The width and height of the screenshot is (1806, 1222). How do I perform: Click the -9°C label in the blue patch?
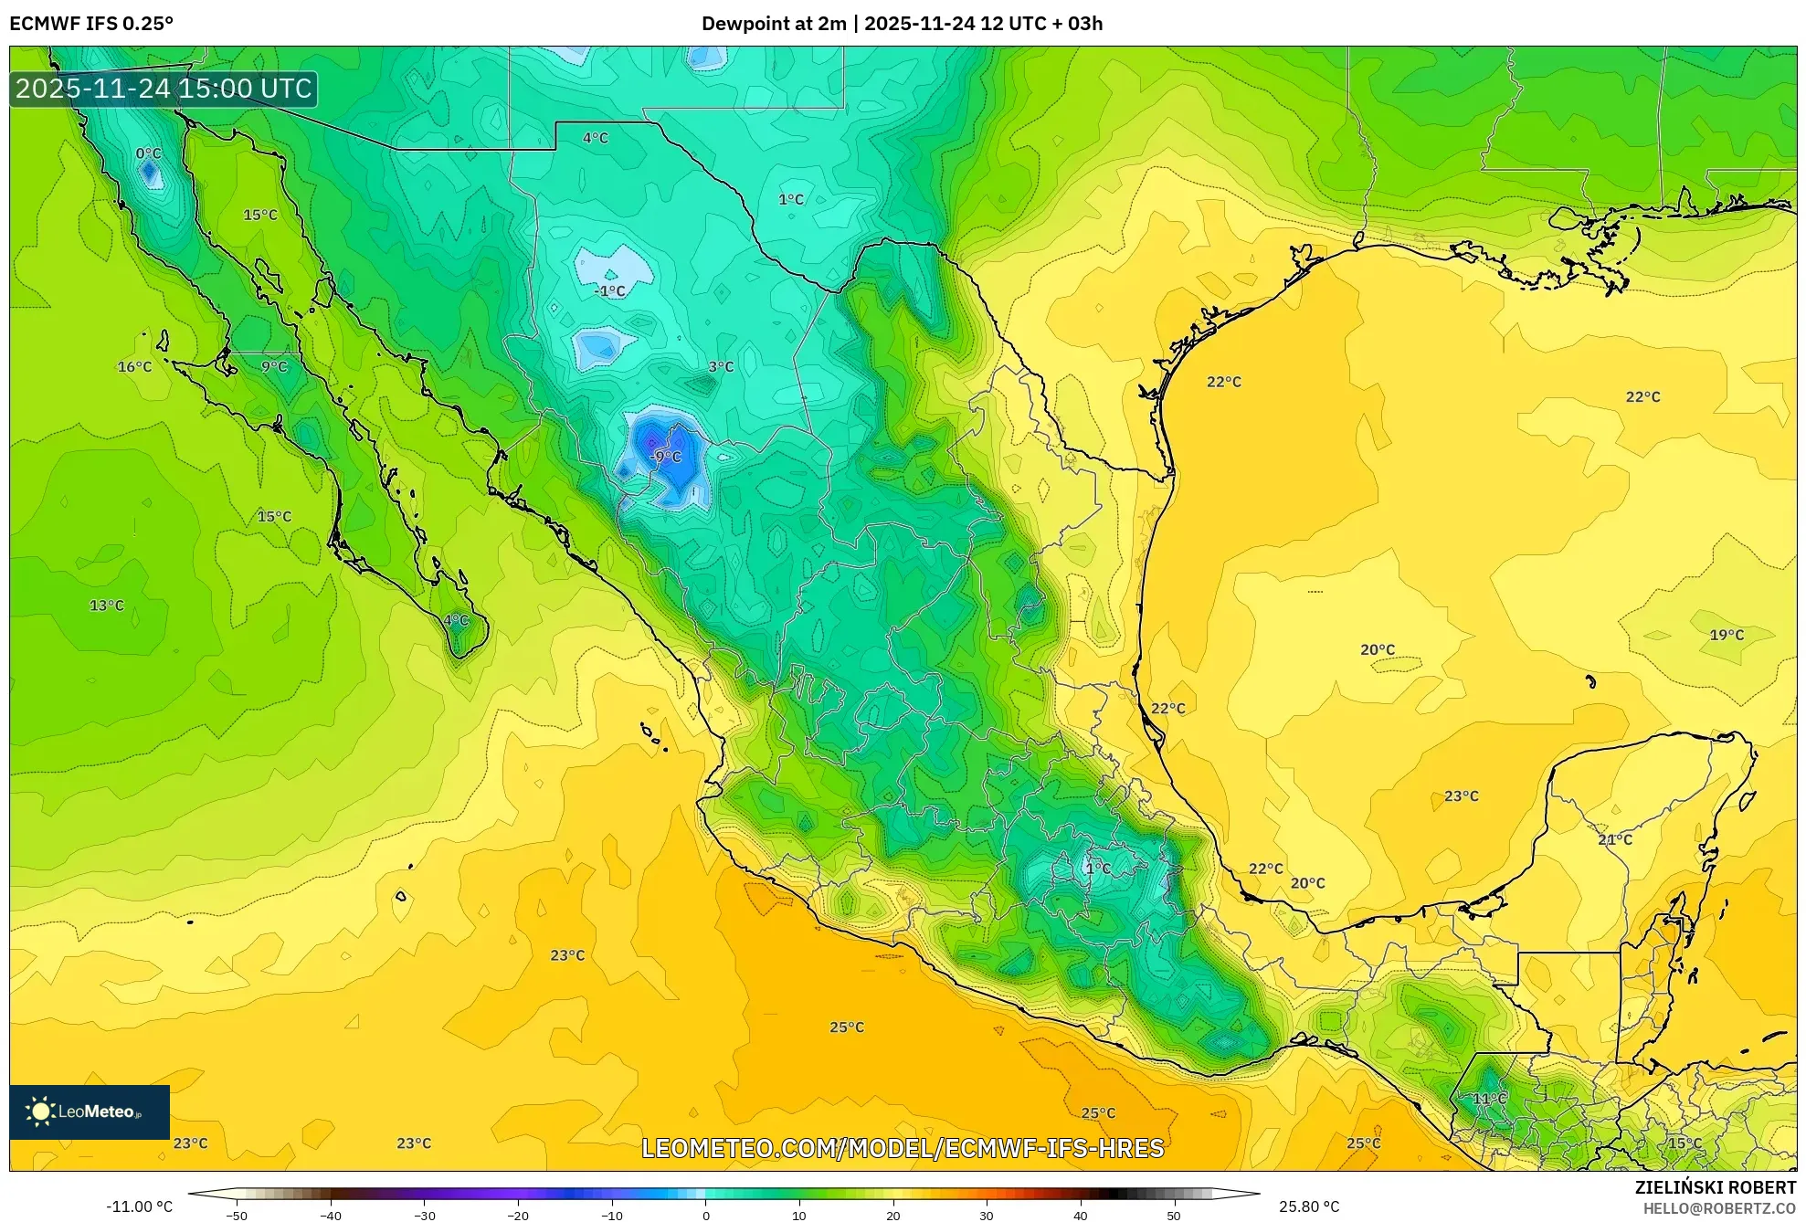click(x=666, y=457)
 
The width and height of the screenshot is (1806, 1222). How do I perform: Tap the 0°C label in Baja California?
click(x=148, y=153)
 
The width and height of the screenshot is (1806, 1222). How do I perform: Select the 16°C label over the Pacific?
click(x=134, y=367)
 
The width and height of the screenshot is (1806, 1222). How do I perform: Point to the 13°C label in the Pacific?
click(x=106, y=606)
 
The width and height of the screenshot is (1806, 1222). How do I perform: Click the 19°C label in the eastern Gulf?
click(x=1727, y=635)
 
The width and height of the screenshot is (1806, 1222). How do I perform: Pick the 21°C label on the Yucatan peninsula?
click(x=1614, y=839)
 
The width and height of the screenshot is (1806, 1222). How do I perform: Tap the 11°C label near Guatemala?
click(x=1489, y=1099)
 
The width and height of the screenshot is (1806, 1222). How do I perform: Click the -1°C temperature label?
click(x=610, y=291)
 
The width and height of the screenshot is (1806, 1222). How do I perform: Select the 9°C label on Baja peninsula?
click(x=274, y=367)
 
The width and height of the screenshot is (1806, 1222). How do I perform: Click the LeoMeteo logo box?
click(x=90, y=1111)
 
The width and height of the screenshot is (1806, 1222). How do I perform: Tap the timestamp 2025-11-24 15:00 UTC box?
click(x=164, y=89)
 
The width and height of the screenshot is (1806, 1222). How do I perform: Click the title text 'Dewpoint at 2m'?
click(x=774, y=24)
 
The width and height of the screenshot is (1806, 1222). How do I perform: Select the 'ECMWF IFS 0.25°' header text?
click(x=91, y=24)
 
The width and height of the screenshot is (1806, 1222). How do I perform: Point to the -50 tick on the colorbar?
click(x=237, y=1216)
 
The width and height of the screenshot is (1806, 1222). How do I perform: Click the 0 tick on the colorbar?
click(x=705, y=1216)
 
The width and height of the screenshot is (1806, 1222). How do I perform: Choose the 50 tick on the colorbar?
click(x=1173, y=1216)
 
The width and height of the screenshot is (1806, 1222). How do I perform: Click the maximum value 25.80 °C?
click(x=1308, y=1206)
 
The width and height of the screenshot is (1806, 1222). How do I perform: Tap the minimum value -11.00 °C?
click(x=139, y=1206)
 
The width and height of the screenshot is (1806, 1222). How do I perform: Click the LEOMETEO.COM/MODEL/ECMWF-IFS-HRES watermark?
click(x=903, y=1148)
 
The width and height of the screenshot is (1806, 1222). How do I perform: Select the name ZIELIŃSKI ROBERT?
click(x=1715, y=1187)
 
